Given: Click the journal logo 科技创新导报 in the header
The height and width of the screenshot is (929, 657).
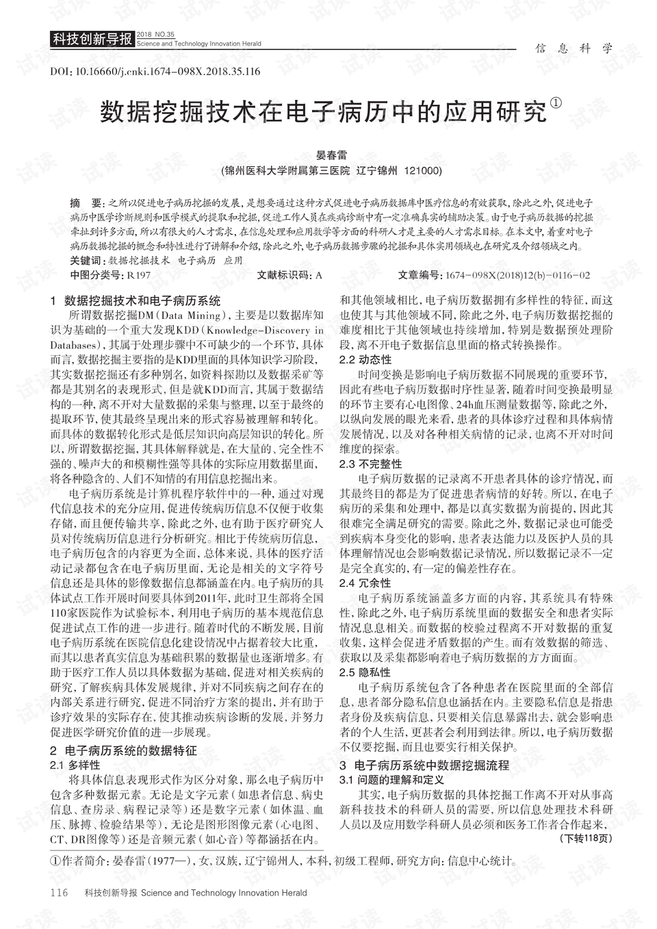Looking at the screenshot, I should [x=92, y=39].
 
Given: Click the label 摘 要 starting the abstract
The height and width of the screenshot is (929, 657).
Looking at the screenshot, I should [x=86, y=203].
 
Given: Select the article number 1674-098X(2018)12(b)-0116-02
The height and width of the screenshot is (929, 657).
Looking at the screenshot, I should [x=517, y=275].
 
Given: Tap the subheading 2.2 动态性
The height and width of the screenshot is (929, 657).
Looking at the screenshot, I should [x=365, y=359].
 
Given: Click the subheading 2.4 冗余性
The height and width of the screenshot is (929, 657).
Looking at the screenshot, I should [x=365, y=583].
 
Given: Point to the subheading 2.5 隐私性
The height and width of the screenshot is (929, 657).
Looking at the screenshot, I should [x=365, y=672].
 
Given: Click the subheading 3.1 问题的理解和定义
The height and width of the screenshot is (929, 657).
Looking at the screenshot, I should [x=391, y=779].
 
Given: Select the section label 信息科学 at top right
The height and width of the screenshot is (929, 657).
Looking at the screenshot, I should [x=574, y=48].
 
